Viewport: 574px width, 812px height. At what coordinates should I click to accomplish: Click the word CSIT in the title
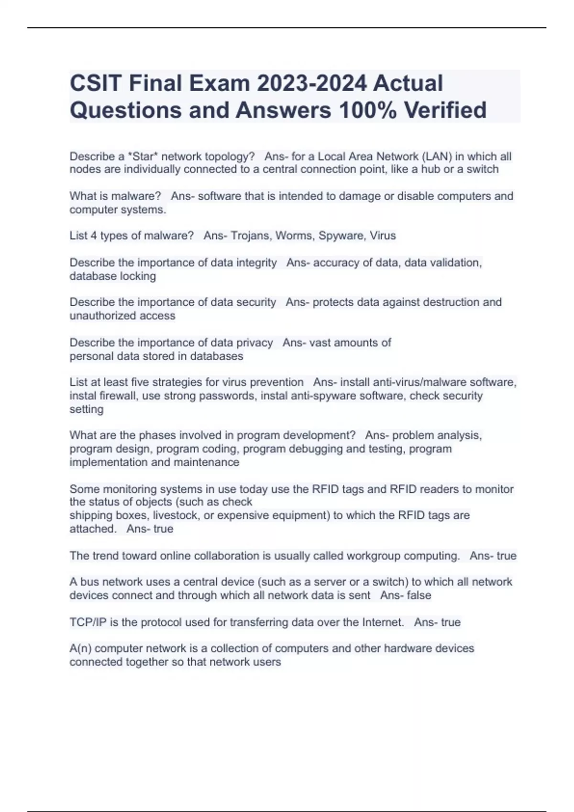pyautogui.click(x=95, y=83)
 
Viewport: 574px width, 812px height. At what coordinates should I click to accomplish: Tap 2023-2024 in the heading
pyautogui.click(x=312, y=83)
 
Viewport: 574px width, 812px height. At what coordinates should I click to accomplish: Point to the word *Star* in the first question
pyautogui.click(x=143, y=157)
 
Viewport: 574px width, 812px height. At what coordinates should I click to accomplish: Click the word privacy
pyautogui.click(x=254, y=342)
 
